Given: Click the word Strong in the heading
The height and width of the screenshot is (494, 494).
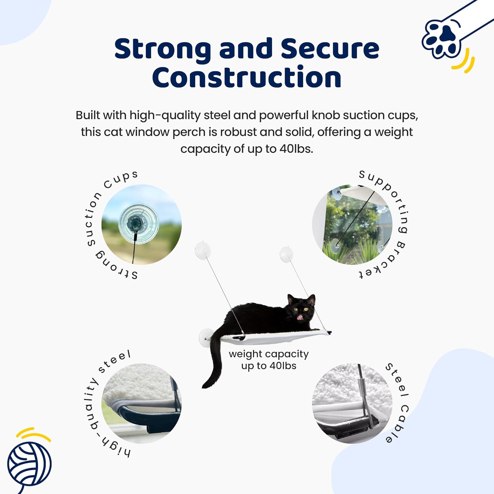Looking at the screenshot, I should [x=163, y=49].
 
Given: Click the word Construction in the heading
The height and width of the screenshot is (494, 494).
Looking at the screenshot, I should [x=247, y=77].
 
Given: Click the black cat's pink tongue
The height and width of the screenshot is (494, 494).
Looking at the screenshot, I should [x=300, y=317].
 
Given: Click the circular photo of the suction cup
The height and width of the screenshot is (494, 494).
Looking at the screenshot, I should [x=141, y=224].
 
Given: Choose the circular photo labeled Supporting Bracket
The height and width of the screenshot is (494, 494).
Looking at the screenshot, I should [x=352, y=224].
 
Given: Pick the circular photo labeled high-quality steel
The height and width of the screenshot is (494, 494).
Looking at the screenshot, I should [x=141, y=403].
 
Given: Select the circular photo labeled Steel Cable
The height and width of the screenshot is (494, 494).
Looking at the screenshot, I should [x=352, y=403].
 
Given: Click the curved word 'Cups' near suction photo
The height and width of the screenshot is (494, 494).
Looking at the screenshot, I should [x=121, y=179].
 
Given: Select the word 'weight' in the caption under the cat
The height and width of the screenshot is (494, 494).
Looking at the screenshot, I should [x=244, y=354].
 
